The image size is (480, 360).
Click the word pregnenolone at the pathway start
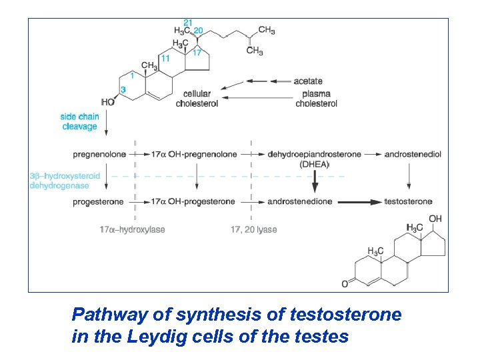pyautogui.click(x=99, y=154)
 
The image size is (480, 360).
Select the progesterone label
pyautogui.click(x=99, y=201)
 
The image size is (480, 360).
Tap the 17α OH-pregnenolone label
pyautogui.click(x=194, y=154)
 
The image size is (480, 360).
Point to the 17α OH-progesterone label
pyautogui.click(x=193, y=201)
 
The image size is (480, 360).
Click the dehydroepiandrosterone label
pyautogui.click(x=315, y=154)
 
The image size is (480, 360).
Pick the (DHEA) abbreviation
pyautogui.click(x=315, y=164)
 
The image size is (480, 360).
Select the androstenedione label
pyautogui.click(x=300, y=201)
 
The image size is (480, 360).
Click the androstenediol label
pyautogui.click(x=413, y=154)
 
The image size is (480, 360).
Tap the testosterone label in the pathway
pyautogui.click(x=409, y=201)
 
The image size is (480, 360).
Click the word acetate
pyautogui.click(x=308, y=81)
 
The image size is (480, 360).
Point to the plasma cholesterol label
pyautogui.click(x=316, y=99)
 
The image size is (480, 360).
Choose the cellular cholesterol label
pyautogui.click(x=197, y=99)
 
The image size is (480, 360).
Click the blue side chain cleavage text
pyautogui.click(x=80, y=121)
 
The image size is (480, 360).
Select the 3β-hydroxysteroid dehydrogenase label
pyautogui.click(x=65, y=181)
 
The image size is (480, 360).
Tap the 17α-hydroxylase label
pyautogui.click(x=132, y=229)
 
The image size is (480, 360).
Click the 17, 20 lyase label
pyautogui.click(x=254, y=229)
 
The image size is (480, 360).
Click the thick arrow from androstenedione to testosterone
pyautogui.click(x=359, y=201)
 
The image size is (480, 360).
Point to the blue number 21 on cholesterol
pyautogui.click(x=188, y=23)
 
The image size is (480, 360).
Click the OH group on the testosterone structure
pyautogui.click(x=435, y=219)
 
